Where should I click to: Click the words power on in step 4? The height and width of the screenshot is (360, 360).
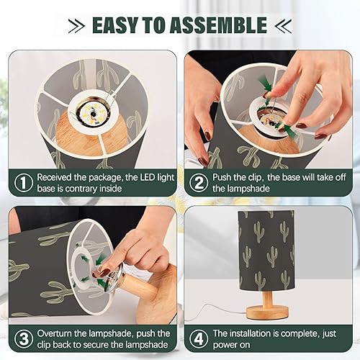[x=233, y=346]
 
